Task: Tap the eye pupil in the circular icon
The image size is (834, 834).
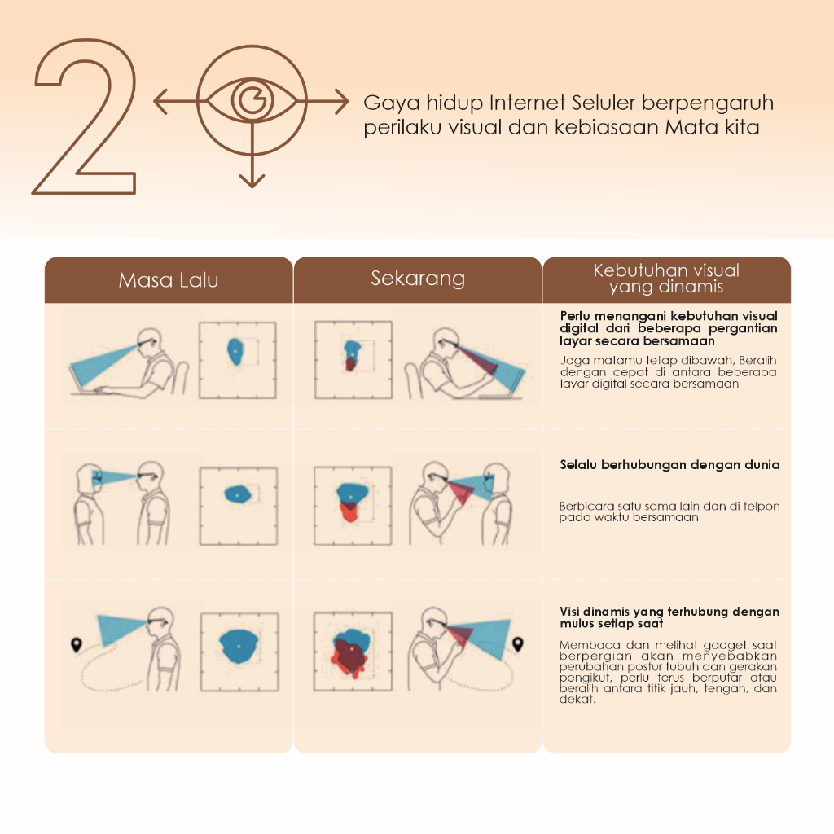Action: (x=252, y=100)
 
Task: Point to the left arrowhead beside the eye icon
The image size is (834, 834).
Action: (x=160, y=100)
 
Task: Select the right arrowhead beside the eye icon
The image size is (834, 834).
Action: (x=342, y=100)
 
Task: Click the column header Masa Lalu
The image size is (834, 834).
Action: (x=169, y=280)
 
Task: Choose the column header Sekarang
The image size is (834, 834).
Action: (x=418, y=279)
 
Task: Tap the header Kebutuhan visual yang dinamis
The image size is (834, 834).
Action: (x=666, y=279)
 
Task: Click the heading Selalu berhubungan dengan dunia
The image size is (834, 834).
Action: (x=669, y=464)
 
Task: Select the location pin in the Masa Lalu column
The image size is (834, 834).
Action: (x=77, y=645)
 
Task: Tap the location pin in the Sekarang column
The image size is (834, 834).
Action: (x=517, y=644)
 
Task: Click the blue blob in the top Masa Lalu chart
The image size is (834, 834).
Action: (x=235, y=352)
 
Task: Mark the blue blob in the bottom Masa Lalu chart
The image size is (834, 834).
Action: (x=239, y=646)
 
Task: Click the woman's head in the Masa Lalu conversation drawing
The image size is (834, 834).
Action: (x=88, y=477)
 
